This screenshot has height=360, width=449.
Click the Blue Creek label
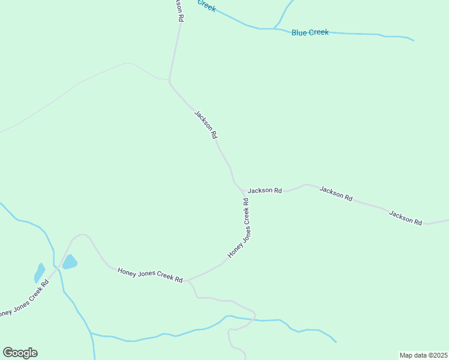[310, 32]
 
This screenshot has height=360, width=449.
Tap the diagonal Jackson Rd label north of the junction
[205, 124]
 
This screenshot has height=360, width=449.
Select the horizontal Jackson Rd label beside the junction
[265, 190]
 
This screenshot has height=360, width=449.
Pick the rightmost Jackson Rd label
[405, 217]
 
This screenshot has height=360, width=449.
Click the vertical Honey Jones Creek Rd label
[239, 229]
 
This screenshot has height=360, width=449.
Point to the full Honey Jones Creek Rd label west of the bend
[150, 275]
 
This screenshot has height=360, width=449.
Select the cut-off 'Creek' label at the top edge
[206, 6]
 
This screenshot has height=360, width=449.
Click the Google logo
[20, 353]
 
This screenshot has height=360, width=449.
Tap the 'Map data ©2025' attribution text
[423, 355]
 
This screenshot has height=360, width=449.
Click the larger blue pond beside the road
[70, 262]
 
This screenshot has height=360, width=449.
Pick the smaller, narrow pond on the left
[40, 272]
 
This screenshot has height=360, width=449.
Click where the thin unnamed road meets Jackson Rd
[169, 79]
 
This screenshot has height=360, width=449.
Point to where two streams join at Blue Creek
[274, 28]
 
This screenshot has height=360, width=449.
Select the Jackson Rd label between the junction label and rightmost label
[336, 193]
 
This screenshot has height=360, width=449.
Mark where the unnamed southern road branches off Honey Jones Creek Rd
[188, 280]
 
